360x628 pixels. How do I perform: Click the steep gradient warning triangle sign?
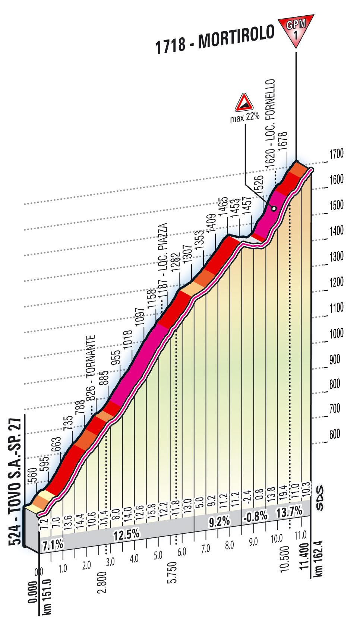244,103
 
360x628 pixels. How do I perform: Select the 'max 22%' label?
244,118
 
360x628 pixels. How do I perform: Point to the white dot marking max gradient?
274,209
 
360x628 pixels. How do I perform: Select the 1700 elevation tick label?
336,153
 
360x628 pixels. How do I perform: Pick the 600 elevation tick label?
334,434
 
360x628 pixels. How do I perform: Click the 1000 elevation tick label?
336,333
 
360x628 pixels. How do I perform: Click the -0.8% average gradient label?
256,516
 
